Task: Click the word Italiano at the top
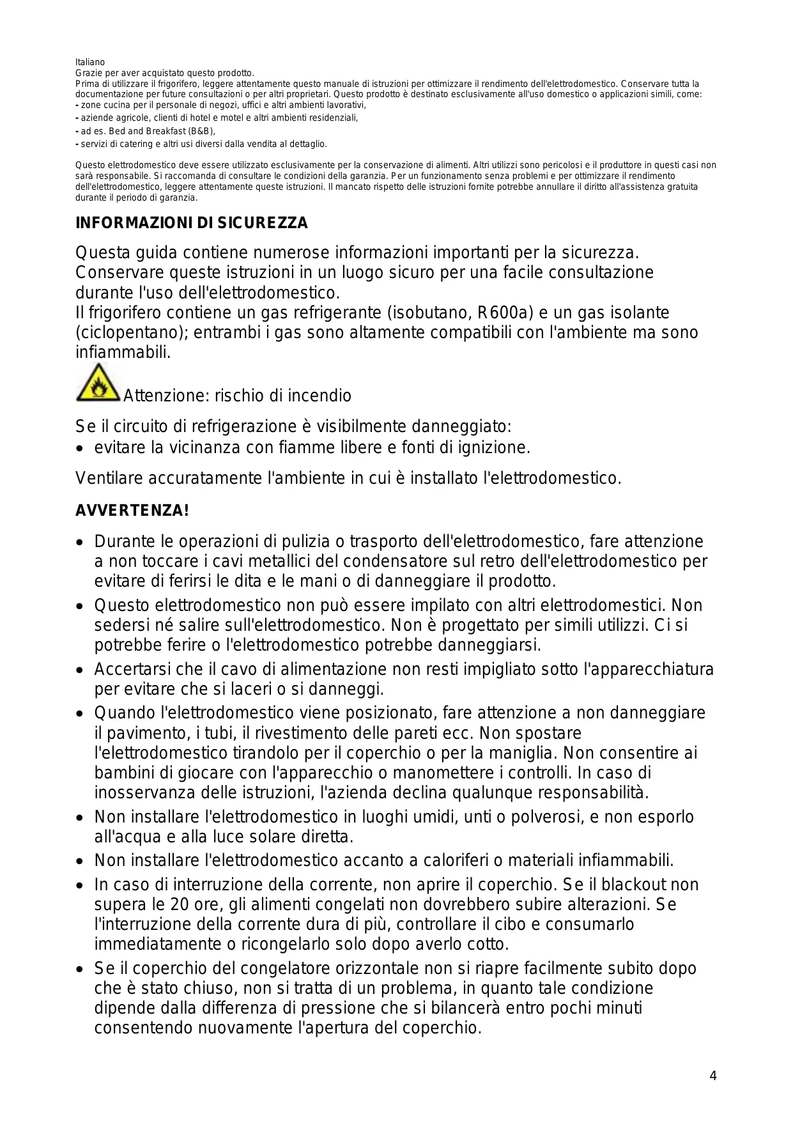pos(90,62)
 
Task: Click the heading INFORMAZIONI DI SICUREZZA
pos(192,223)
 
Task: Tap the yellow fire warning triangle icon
pos(98,383)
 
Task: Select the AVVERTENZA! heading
pos(132,511)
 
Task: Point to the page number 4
pos(713,1076)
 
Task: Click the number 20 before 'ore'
pos(180,904)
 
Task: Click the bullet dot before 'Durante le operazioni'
pos(80,543)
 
